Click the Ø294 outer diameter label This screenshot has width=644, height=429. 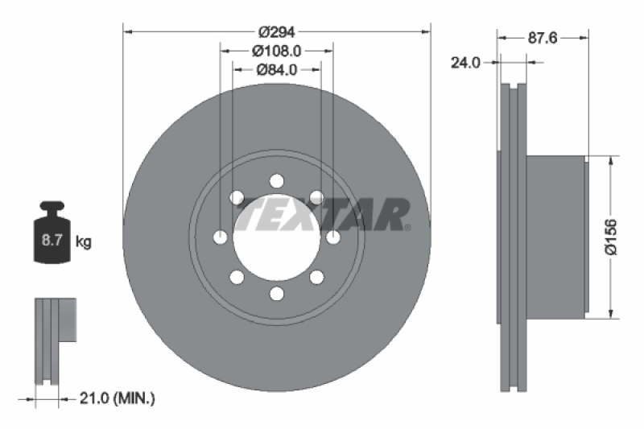pos(277,32)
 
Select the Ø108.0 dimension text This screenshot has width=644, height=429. pos(277,51)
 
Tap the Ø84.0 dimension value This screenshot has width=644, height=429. pos(277,69)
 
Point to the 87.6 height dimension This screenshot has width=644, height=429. pos(543,37)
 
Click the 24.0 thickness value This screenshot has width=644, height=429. pos(464,61)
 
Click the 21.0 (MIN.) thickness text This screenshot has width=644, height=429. pos(118,398)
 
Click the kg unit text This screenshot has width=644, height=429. pos(83,241)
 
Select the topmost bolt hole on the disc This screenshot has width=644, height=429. pos(277,180)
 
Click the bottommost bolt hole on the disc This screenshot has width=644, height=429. pos(277,293)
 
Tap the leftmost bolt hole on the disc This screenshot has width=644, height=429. pos(221,237)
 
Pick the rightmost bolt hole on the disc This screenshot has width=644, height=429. pos(333,237)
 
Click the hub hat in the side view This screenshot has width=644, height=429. pos(555,237)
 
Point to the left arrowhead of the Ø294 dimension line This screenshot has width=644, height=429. pos(126,32)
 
